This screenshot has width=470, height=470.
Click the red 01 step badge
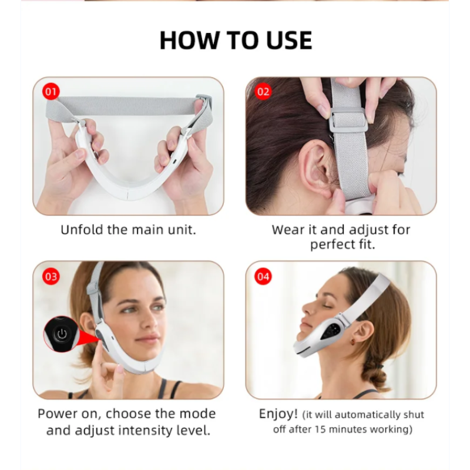click(x=52, y=92)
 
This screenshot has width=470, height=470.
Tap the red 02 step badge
click(x=263, y=92)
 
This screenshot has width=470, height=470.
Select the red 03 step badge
click(x=52, y=276)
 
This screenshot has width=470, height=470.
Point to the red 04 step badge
click(x=263, y=276)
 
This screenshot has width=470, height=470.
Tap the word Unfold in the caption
click(x=82, y=230)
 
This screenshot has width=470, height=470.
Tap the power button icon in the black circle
click(x=61, y=333)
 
